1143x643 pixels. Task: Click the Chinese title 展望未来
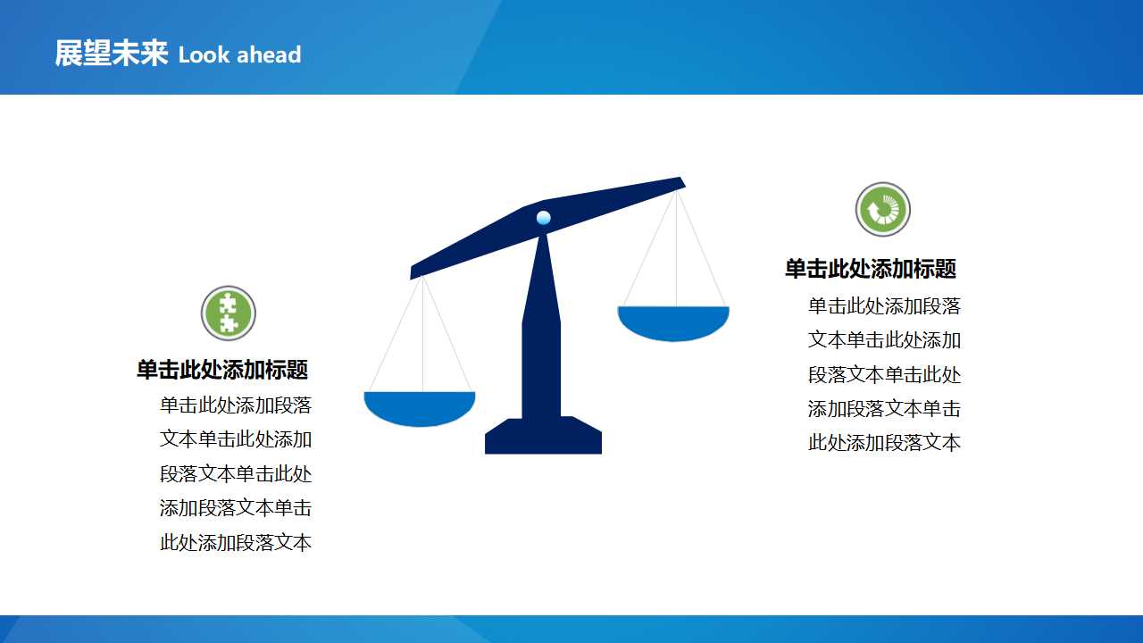tap(111, 54)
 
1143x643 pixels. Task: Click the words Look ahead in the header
tap(239, 55)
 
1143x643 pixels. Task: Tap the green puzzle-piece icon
tap(229, 313)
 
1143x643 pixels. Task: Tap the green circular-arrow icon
tap(883, 210)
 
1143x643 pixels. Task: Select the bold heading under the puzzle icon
tap(222, 370)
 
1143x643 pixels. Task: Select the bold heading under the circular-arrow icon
tap(871, 269)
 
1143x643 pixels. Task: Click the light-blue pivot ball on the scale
tap(543, 217)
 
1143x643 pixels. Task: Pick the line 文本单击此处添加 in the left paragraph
tap(236, 439)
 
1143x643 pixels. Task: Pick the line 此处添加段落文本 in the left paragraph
tap(236, 542)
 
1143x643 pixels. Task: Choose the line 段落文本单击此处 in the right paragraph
tap(884, 375)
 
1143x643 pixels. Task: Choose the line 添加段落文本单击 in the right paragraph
tap(884, 409)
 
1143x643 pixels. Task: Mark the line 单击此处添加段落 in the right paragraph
tap(884, 306)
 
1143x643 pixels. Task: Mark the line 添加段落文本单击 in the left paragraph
tap(236, 508)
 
